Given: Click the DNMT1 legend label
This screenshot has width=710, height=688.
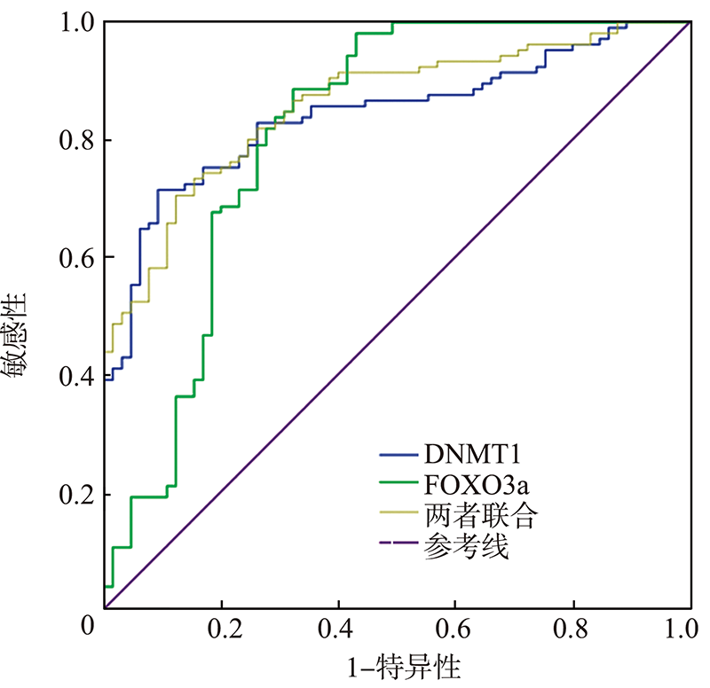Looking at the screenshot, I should [x=471, y=456].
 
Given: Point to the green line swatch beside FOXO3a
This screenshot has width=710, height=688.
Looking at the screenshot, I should [x=398, y=487].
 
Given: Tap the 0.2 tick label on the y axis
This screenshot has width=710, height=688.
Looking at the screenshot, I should [x=75, y=494].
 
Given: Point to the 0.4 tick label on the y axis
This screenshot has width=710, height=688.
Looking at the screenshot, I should [x=75, y=376].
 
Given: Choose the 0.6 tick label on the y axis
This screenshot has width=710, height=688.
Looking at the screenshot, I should [x=75, y=258].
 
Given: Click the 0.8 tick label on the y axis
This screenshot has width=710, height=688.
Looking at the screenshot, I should [x=75, y=140].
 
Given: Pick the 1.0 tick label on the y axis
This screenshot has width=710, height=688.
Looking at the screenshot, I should [x=75, y=21].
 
